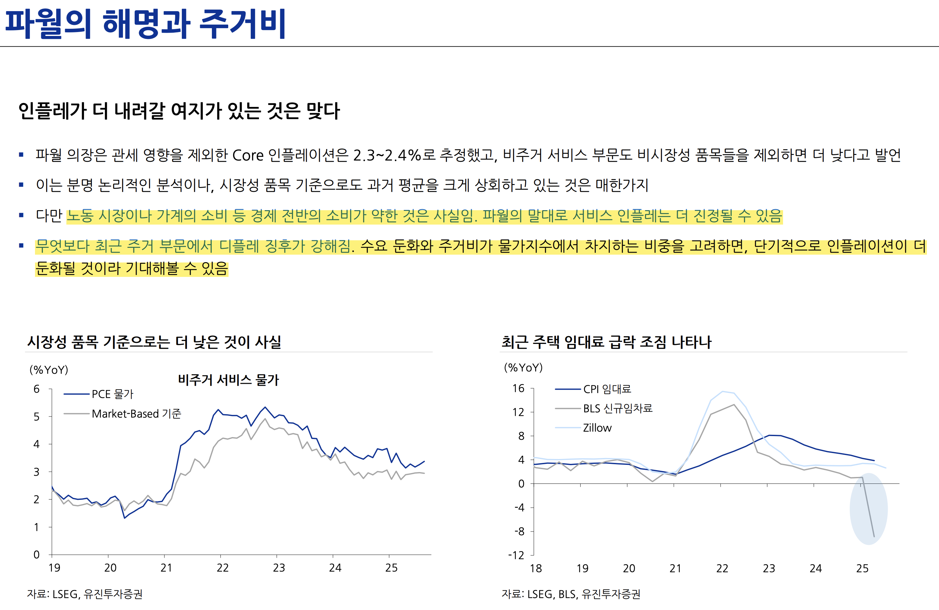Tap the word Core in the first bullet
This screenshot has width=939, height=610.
coord(248,156)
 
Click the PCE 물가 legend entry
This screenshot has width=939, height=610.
coord(112,394)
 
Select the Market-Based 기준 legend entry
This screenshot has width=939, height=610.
coord(136,414)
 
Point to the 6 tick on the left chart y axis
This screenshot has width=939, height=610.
coord(36,389)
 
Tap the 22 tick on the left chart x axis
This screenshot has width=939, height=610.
coord(223,568)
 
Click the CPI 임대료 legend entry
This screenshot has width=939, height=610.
coord(607,389)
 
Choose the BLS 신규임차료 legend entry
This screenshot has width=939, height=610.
coord(618,408)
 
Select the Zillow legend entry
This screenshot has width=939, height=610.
coord(597,428)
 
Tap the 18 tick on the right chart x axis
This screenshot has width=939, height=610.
coord(536,568)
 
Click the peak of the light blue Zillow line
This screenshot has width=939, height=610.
coord(723,391)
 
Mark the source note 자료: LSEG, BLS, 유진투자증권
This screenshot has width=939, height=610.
coord(571,594)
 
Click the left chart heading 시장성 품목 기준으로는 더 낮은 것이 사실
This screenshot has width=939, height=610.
coord(154,342)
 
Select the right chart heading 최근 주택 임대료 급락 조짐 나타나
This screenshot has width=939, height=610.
coord(606,342)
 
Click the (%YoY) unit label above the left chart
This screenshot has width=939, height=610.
coord(48,370)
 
